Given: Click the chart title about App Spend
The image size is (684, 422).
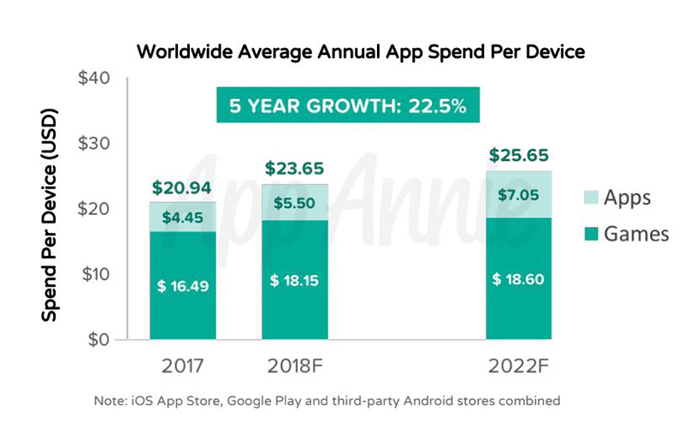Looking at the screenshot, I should point(360,52).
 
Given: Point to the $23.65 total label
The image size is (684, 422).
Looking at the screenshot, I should point(295,169).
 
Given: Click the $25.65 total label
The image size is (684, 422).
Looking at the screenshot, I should point(519,156).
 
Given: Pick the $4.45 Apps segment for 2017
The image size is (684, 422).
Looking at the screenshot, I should point(183,217).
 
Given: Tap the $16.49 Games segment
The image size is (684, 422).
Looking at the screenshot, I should point(183,286).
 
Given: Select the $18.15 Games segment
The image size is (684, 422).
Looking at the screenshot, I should point(295,279).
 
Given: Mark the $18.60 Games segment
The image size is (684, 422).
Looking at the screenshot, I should point(519,279).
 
